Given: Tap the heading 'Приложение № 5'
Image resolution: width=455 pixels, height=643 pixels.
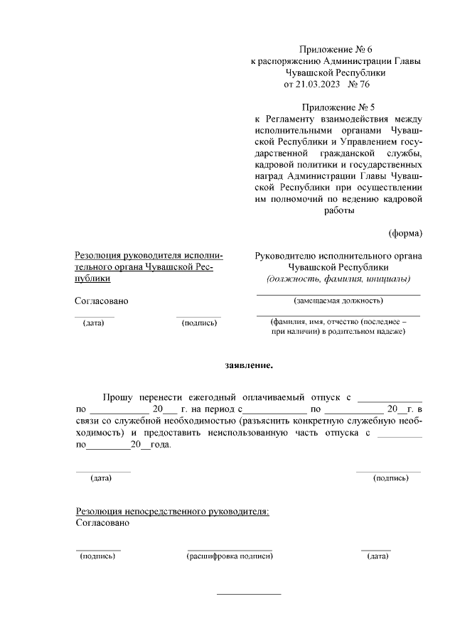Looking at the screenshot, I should click(x=337, y=107).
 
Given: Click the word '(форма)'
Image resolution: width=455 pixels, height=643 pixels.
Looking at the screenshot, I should click(x=405, y=233).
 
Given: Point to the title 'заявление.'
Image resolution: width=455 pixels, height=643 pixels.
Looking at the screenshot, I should click(x=248, y=366).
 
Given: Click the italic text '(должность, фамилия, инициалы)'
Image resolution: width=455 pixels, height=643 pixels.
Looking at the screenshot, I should click(x=338, y=279).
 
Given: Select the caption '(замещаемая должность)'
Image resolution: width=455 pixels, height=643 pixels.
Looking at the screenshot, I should click(x=338, y=301).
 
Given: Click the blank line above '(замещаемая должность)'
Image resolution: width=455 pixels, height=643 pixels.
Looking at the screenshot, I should click(x=338, y=294).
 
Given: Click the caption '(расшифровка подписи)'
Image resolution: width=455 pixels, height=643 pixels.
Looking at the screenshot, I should click(x=230, y=556).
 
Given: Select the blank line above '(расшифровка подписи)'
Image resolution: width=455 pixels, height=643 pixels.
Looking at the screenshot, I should click(x=230, y=549).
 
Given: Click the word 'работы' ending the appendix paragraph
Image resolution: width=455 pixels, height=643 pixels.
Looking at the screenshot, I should click(x=338, y=210).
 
